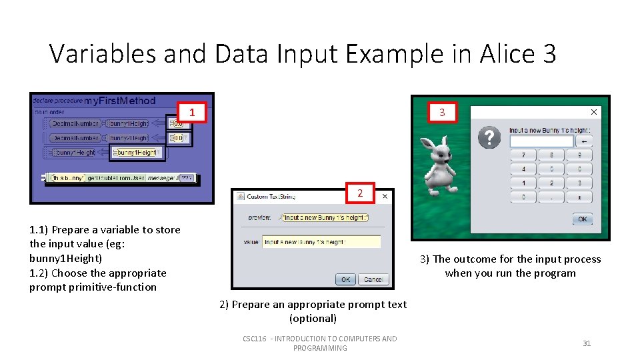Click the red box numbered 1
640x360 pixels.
[192, 113]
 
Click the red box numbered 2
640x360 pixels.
[360, 193]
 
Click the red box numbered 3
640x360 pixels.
[442, 113]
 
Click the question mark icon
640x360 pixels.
[489, 138]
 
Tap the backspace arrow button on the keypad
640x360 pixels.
[584, 141]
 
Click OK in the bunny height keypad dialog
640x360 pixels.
[582, 219]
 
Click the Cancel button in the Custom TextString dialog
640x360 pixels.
[373, 279]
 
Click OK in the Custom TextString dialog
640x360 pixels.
[345, 279]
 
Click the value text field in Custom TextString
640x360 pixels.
[321, 241]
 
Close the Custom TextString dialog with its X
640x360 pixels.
[385, 197]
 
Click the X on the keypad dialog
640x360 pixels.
[593, 112]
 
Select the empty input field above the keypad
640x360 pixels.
[541, 141]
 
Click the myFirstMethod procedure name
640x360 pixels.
[119, 101]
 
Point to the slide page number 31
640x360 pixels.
[587, 343]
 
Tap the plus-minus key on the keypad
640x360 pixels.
[579, 197]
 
